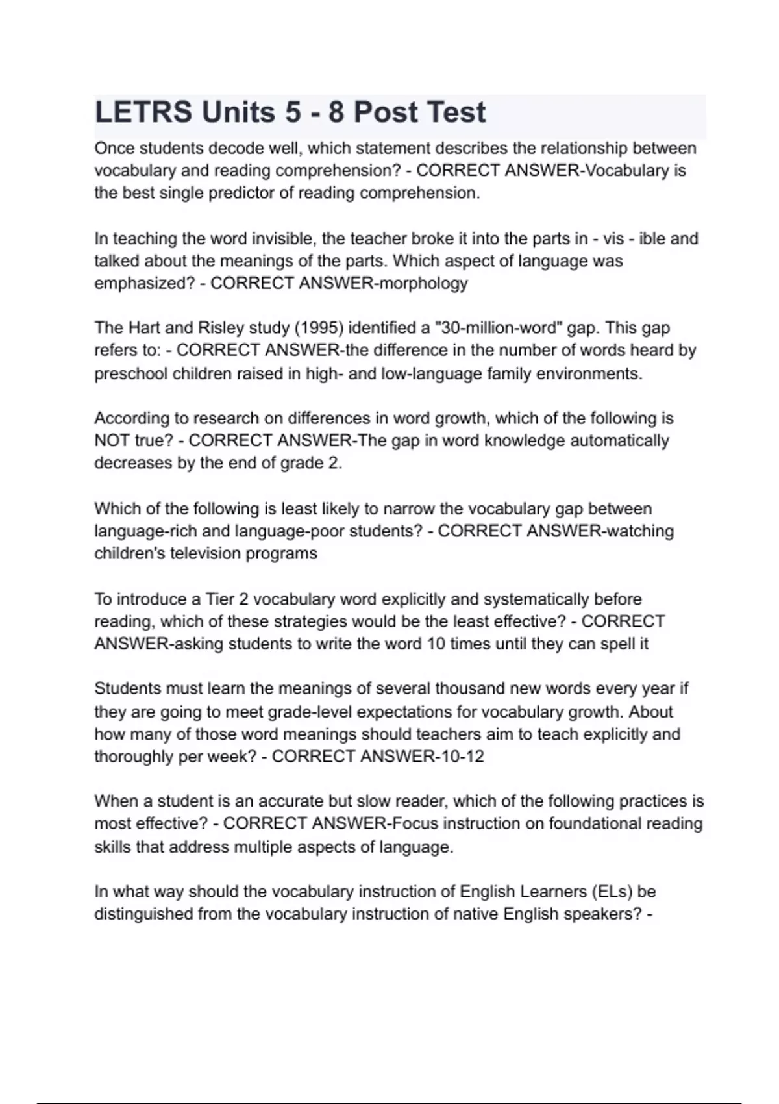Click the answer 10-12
pos(458,757)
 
